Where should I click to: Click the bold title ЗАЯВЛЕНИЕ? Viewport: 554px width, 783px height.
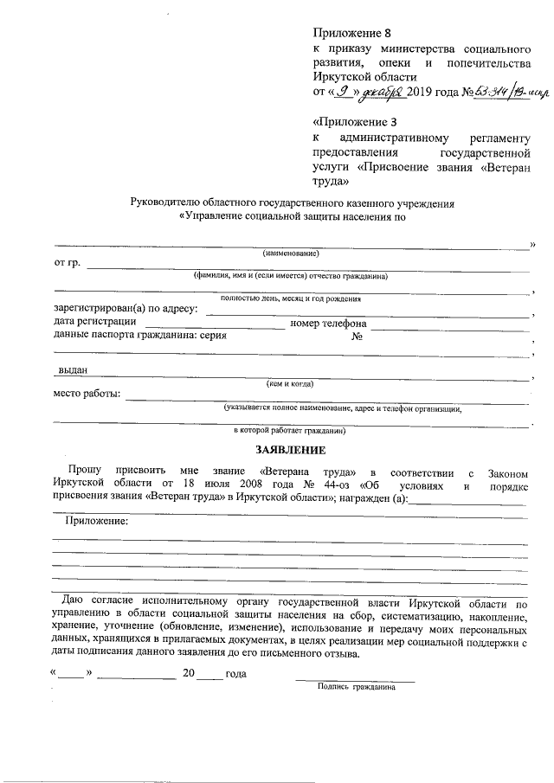click(x=290, y=450)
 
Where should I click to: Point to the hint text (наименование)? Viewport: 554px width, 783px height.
click(x=291, y=254)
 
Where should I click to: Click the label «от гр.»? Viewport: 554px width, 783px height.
click(x=67, y=263)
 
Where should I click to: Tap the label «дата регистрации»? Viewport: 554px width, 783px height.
click(x=95, y=324)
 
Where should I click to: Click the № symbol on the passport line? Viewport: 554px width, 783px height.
click(x=356, y=337)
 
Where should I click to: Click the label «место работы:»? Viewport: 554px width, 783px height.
click(x=87, y=395)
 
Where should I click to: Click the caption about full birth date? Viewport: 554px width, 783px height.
click(x=291, y=298)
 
